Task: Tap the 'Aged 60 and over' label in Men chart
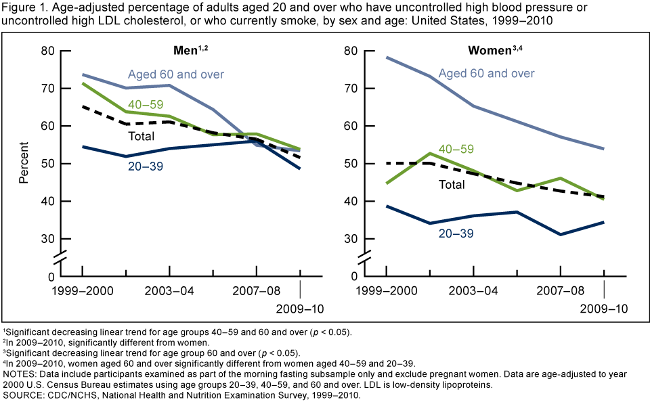tap(176, 74)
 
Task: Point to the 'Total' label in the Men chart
tap(142, 136)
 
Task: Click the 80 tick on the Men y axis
tap(47, 51)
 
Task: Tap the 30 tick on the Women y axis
tap(351, 239)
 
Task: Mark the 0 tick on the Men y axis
tap(51, 277)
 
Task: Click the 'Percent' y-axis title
tap(24, 162)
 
